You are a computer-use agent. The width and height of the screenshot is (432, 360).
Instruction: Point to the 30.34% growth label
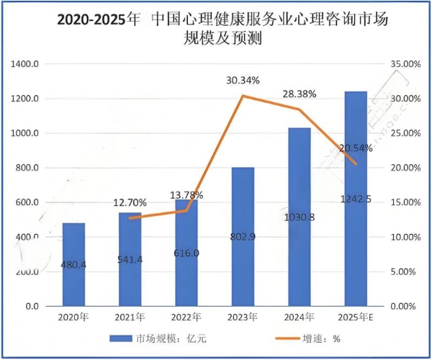243,80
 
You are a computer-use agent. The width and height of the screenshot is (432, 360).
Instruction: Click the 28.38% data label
300,94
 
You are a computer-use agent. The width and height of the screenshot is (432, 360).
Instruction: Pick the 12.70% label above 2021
130,202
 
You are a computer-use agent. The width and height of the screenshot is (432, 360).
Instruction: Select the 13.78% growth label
186,195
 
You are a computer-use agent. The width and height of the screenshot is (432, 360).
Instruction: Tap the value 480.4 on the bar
73,265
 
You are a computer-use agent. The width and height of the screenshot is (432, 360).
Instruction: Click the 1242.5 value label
356,199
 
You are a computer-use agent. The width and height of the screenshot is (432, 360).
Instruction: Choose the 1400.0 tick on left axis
25,64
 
